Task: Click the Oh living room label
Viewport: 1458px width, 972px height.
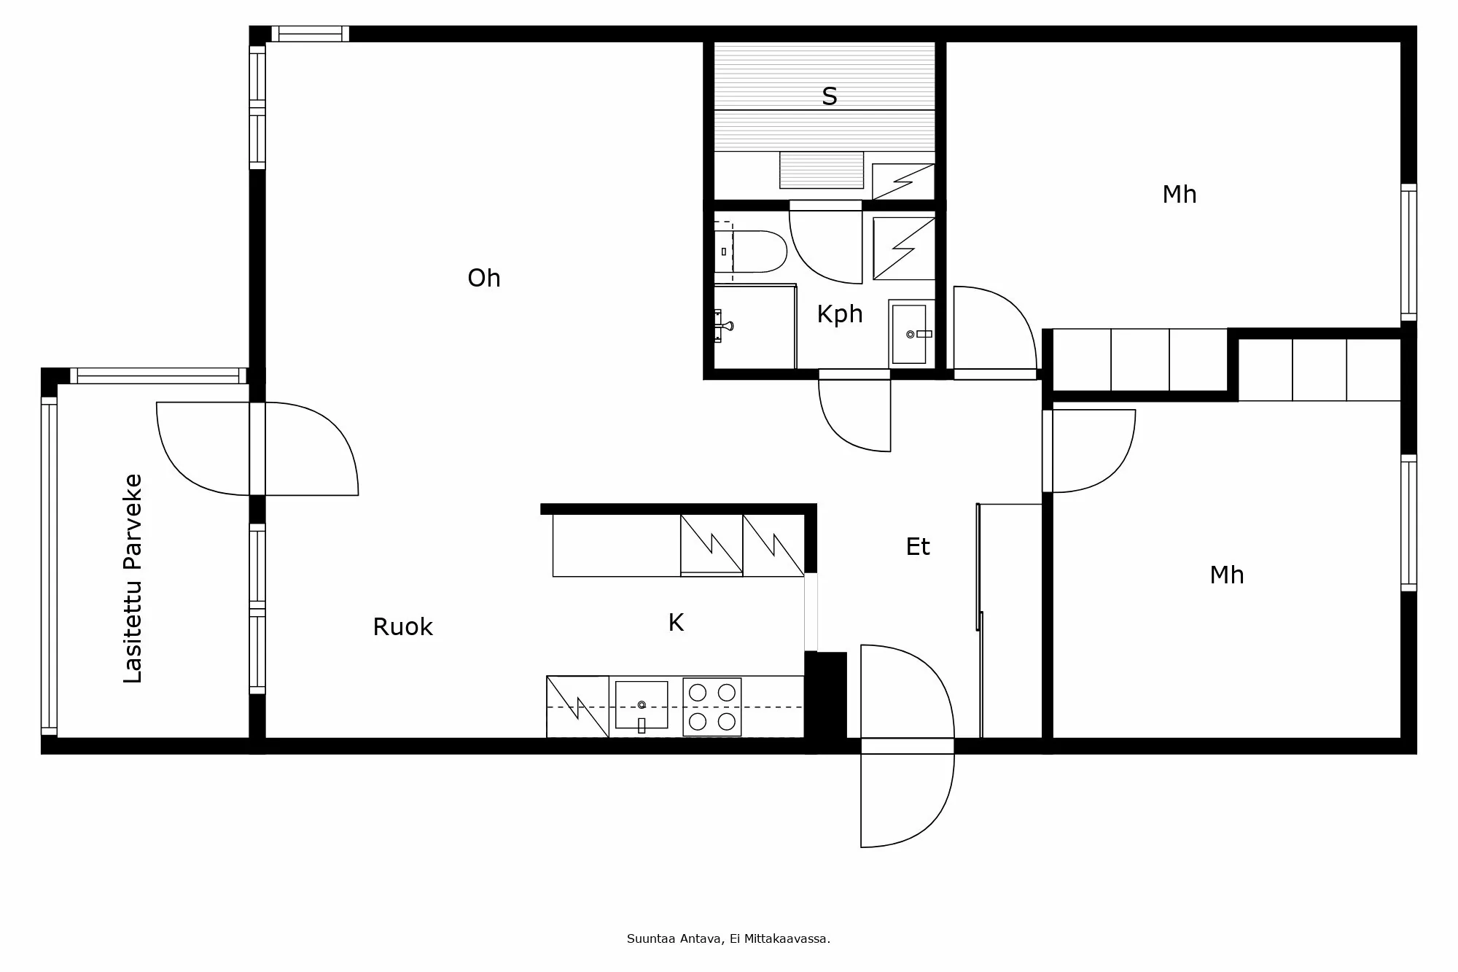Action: [x=483, y=278]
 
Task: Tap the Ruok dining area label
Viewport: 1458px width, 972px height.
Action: [x=402, y=627]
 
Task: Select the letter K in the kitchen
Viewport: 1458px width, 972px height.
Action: [x=676, y=623]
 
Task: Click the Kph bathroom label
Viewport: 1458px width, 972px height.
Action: [x=839, y=314]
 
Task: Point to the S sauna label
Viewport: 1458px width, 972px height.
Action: [x=829, y=96]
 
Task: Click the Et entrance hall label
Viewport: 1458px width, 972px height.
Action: [x=917, y=547]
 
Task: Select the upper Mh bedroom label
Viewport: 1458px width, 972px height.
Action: [x=1179, y=195]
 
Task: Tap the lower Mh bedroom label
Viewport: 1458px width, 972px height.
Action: [x=1226, y=575]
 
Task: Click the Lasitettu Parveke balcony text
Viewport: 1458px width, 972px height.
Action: [x=133, y=578]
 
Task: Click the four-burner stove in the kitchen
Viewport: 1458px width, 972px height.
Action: [x=712, y=707]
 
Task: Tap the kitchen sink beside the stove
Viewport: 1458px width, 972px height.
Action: [x=642, y=705]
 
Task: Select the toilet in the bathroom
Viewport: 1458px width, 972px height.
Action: [x=758, y=252]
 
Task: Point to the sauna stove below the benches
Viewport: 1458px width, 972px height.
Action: [x=822, y=170]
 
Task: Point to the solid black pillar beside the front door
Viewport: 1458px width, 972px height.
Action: [x=826, y=696]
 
